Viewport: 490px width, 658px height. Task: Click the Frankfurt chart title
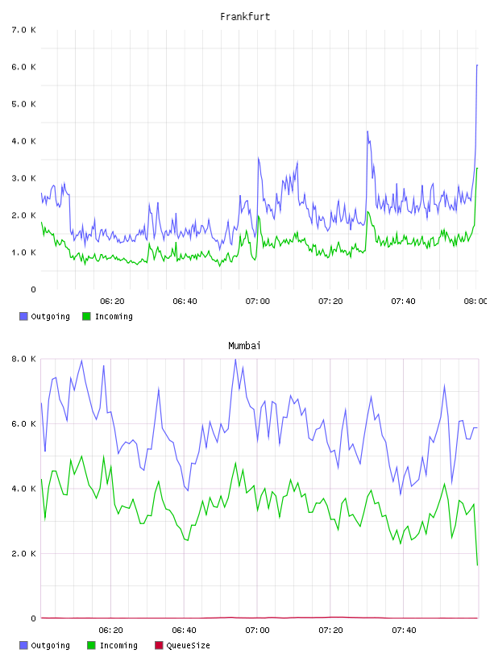point(245,17)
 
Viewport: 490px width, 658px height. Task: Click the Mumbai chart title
point(244,346)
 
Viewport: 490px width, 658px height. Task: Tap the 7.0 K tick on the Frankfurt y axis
point(24,30)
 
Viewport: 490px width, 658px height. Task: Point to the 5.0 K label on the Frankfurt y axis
point(24,104)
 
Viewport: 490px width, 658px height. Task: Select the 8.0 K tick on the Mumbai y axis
point(24,359)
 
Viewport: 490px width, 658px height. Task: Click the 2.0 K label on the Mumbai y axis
point(24,553)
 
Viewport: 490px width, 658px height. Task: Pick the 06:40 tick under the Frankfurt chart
point(185,302)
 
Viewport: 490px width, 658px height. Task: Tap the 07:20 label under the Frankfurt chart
point(330,302)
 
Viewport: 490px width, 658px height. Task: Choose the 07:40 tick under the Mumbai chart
point(404,631)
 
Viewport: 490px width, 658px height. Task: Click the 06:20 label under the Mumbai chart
point(110,631)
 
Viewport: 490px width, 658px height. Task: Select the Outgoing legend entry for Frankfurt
point(45,316)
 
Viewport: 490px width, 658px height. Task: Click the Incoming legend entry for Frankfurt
point(108,316)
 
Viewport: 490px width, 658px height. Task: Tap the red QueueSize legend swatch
point(159,645)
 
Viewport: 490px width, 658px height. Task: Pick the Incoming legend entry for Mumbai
point(113,645)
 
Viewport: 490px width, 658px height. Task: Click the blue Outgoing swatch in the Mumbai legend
point(23,645)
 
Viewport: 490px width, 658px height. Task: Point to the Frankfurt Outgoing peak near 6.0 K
point(477,65)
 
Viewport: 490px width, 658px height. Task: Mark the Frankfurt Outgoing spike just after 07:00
point(259,158)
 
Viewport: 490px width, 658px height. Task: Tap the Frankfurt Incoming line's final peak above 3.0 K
point(477,169)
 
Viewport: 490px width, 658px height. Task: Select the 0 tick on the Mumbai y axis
point(33,618)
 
